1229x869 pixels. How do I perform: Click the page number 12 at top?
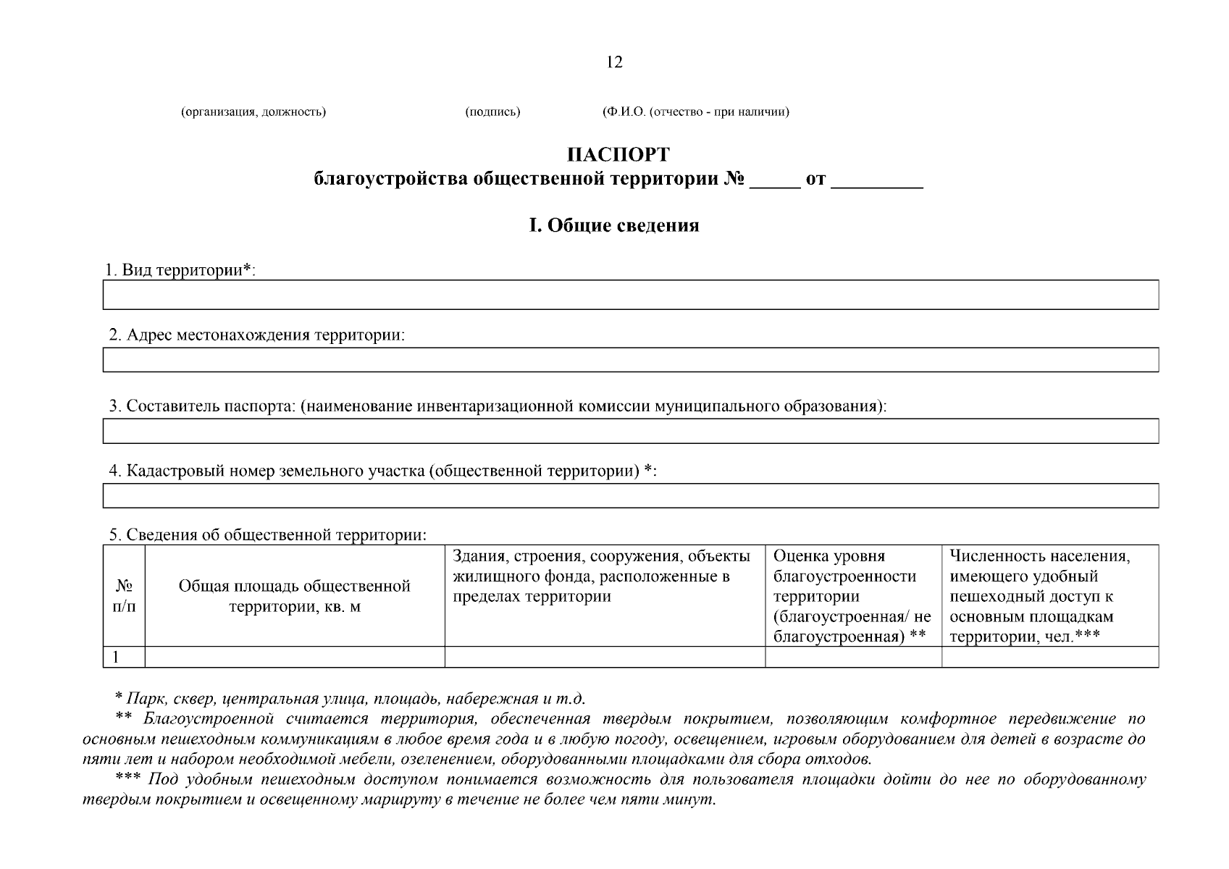(613, 62)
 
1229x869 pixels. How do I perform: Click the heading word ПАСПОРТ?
(618, 155)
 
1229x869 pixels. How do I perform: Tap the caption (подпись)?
(492, 112)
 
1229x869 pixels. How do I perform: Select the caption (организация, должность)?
(253, 112)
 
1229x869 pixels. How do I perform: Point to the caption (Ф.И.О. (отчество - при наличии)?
(695, 112)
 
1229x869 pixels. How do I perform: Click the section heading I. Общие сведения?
(613, 225)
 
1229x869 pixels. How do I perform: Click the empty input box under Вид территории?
(630, 295)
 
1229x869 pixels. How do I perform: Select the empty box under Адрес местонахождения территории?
(630, 359)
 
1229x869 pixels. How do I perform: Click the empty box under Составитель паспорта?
(630, 430)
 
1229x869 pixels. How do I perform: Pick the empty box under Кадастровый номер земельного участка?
(630, 495)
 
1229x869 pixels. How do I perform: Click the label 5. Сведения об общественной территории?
(267, 535)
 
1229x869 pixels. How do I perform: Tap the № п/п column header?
(124, 596)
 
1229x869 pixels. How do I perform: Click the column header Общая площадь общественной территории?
(294, 596)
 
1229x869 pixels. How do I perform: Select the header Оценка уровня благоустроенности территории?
(852, 596)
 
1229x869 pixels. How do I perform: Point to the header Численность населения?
(1040, 556)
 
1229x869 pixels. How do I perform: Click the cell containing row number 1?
(124, 657)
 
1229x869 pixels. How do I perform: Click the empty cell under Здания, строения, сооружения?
(604, 657)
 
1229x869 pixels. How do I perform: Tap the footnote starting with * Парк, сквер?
(350, 699)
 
